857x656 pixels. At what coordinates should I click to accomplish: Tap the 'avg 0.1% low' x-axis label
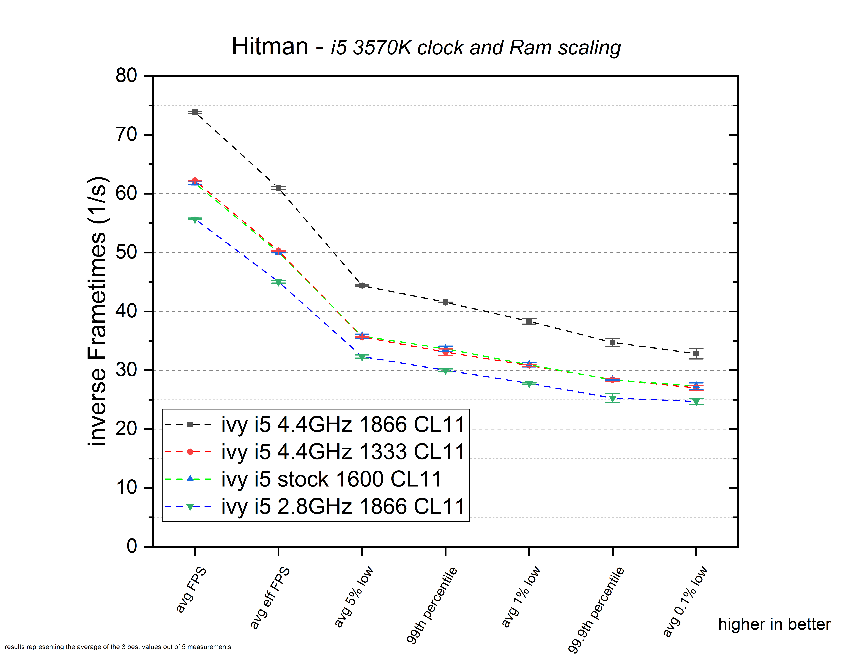685,601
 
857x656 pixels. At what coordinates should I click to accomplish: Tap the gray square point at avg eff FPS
278,188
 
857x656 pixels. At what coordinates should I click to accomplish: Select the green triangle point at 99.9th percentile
613,398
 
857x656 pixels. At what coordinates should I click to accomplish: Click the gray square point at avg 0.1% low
696,353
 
